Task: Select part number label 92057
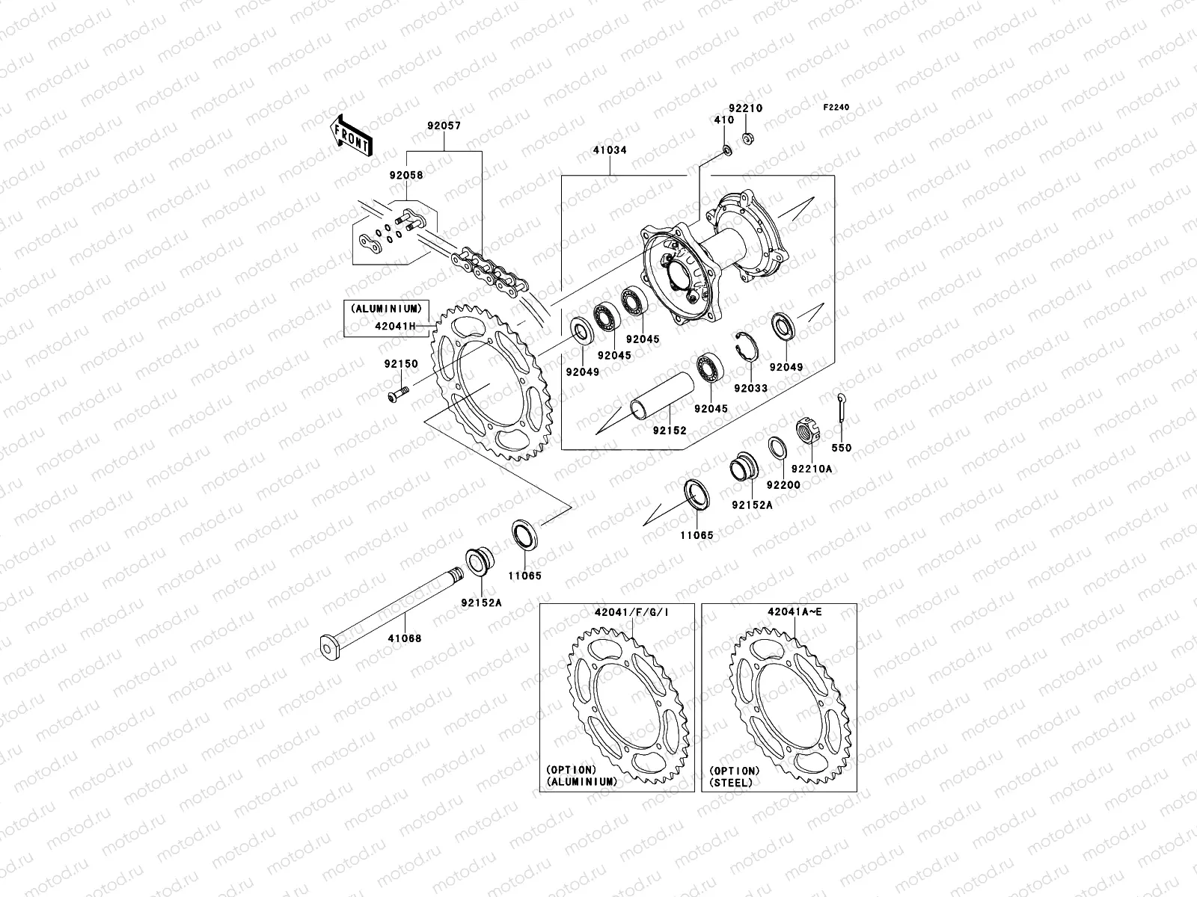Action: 444,126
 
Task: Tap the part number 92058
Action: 405,176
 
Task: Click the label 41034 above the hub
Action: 611,150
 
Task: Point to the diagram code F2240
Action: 837,108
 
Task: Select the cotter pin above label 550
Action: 842,407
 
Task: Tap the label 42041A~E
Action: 795,612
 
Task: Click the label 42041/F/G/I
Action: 626,612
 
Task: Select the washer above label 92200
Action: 777,449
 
